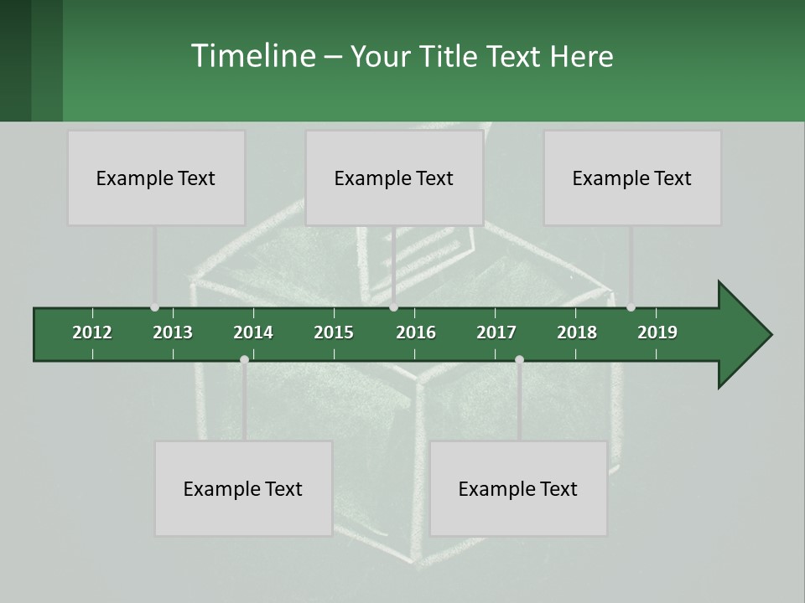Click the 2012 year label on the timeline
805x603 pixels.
[x=92, y=332]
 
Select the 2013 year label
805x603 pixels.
[x=173, y=332]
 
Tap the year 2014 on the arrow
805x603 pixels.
[x=253, y=332]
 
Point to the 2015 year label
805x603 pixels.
[x=334, y=332]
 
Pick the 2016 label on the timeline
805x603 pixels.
[x=416, y=332]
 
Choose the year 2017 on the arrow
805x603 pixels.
[x=496, y=332]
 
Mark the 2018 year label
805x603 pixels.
[x=577, y=332]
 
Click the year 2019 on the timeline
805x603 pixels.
[x=657, y=332]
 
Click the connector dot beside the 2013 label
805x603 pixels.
[x=154, y=307]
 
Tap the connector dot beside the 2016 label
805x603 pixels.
[x=393, y=307]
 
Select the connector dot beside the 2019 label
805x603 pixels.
[x=631, y=307]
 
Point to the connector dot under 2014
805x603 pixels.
[x=244, y=359]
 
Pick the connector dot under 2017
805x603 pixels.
[x=519, y=359]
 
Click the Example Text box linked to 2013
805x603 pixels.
[x=156, y=178]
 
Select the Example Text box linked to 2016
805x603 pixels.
[x=394, y=178]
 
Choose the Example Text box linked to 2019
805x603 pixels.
[x=632, y=178]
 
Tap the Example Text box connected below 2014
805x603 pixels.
[x=243, y=488]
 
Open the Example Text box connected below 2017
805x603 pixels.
[x=518, y=488]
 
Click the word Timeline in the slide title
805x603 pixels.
[x=252, y=56]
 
